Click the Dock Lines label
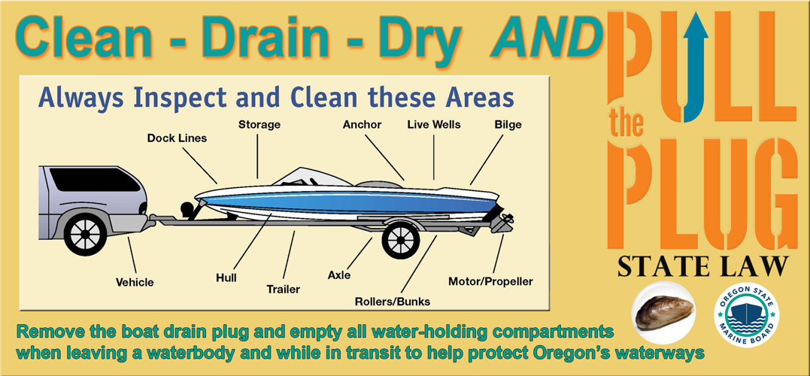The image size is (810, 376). click(177, 138)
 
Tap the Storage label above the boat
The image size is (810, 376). click(259, 124)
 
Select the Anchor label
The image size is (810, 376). click(362, 124)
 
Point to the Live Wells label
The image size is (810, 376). click(434, 124)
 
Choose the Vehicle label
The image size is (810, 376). click(135, 282)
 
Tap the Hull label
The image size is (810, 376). click(226, 278)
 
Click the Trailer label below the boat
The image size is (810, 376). click(284, 289)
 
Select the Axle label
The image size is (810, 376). click(339, 275)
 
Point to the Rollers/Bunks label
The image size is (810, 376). click(393, 302)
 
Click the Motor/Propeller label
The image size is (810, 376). click(490, 281)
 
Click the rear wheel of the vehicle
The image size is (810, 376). click(84, 233)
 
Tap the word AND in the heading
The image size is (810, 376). click(546, 38)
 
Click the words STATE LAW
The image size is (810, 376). click(702, 268)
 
